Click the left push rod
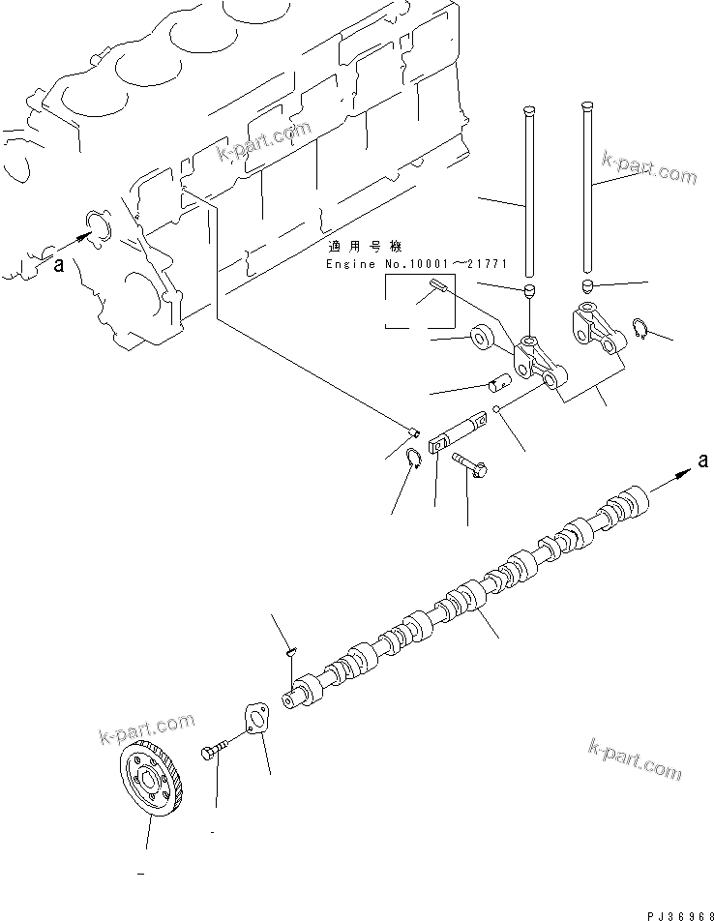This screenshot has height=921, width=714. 529,193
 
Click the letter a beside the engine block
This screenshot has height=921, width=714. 59,267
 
